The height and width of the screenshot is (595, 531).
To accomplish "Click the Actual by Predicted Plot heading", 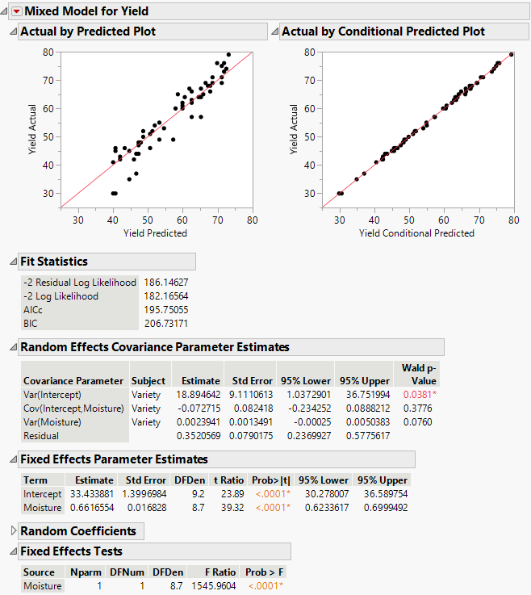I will (x=87, y=31).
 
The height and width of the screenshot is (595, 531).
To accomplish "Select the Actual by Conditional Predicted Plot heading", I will (x=383, y=31).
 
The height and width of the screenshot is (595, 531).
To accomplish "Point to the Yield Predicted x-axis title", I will (x=155, y=233).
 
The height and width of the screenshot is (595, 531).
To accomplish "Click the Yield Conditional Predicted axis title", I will (x=416, y=233).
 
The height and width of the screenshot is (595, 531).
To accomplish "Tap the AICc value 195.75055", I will (x=165, y=310).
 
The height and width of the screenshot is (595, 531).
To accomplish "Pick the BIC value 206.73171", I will (x=165, y=324).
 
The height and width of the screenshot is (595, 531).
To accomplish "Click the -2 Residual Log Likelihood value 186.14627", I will (x=165, y=283).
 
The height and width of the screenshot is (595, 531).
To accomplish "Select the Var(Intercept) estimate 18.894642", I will (x=198, y=394).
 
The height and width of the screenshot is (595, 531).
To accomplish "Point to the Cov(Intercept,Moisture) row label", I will (x=73, y=408).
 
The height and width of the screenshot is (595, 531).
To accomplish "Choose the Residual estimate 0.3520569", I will (x=198, y=435).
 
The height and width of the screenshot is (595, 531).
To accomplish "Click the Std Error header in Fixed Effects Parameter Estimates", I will (x=146, y=479).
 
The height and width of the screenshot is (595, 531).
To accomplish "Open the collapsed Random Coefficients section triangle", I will (x=12, y=531).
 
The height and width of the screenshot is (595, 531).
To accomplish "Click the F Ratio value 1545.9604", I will (x=213, y=585).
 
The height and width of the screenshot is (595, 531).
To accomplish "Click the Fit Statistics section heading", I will (x=53, y=262).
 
